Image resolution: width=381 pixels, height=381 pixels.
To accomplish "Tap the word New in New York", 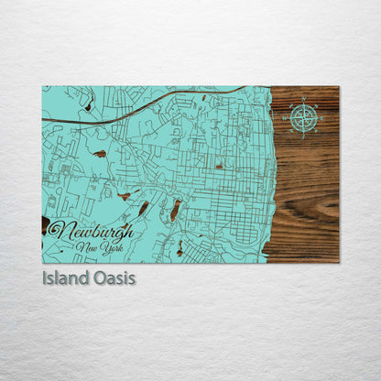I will (89, 247).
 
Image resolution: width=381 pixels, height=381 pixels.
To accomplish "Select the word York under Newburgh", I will (110, 247).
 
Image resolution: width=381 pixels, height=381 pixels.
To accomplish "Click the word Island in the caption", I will (64, 277).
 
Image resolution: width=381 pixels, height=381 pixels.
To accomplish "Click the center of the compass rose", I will (304, 117).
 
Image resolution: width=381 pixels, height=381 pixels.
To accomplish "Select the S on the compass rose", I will (304, 133).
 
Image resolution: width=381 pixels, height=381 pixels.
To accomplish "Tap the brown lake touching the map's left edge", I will (46, 224).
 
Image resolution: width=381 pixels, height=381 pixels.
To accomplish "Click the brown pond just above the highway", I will (88, 107).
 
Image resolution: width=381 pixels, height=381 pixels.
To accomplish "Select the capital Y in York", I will (102, 247).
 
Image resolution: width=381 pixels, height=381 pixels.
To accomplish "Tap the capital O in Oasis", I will (97, 277).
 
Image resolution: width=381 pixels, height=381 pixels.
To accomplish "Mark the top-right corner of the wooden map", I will (338, 87).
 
